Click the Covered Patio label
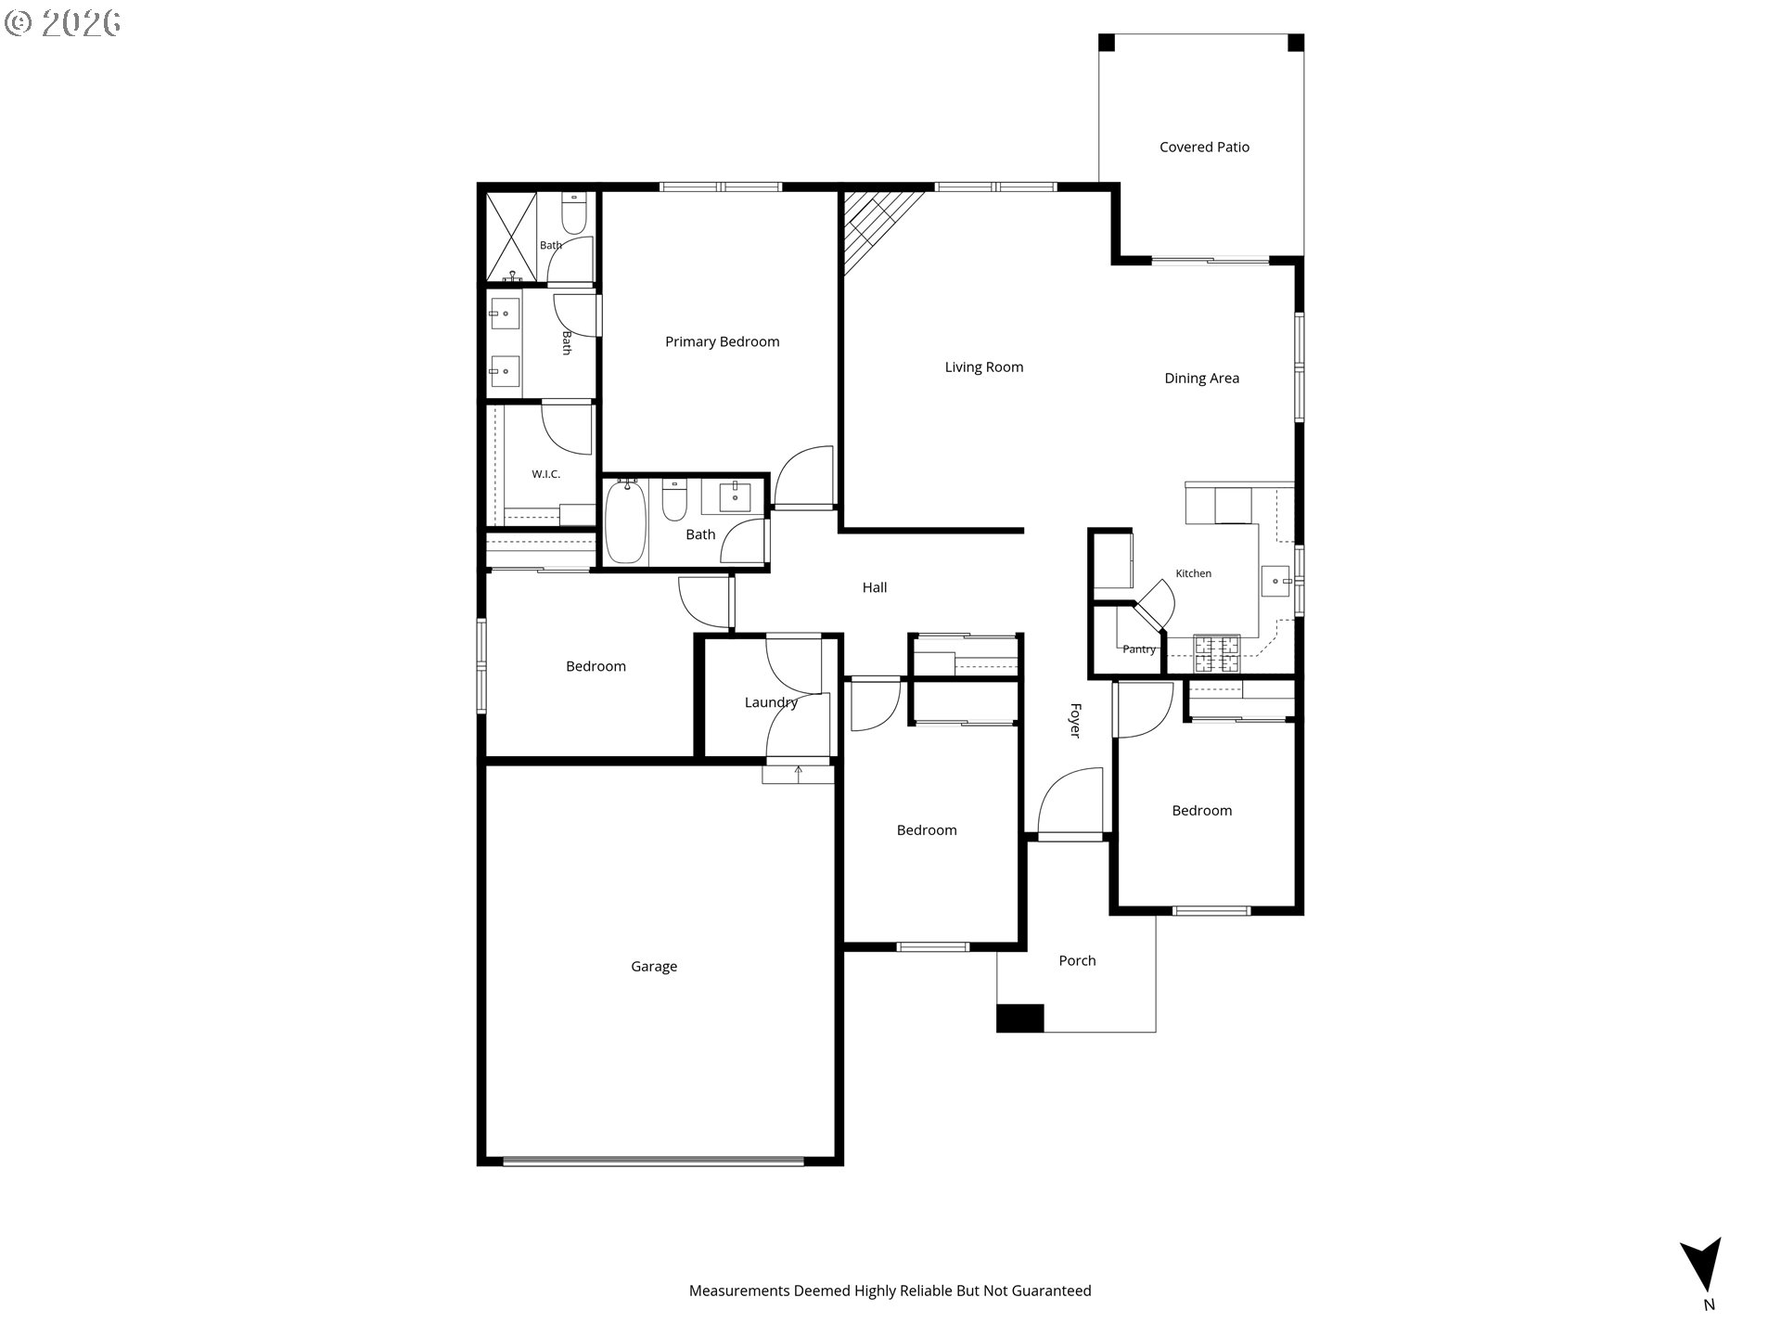1204,147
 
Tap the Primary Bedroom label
722,341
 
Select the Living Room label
983,367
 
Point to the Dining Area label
1201,379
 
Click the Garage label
654,967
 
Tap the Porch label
1077,960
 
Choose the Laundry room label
771,702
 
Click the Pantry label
1139,649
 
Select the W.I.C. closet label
545,474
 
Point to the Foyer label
1075,721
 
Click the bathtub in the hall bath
625,521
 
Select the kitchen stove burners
1216,653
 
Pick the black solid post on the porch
1020,1018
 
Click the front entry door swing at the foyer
1067,798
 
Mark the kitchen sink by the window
1275,581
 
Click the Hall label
875,587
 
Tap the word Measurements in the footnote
739,1291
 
